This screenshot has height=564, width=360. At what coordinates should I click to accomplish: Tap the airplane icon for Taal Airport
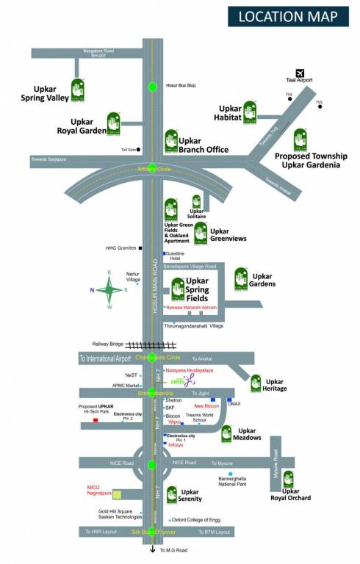pos(299,72)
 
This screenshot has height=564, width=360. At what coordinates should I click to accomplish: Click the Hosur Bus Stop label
pos(181,84)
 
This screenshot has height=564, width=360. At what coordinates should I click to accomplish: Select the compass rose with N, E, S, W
pos(109,289)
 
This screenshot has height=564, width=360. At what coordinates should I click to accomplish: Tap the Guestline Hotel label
pos(176,256)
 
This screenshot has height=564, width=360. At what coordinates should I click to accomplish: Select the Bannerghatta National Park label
pos(237,482)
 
